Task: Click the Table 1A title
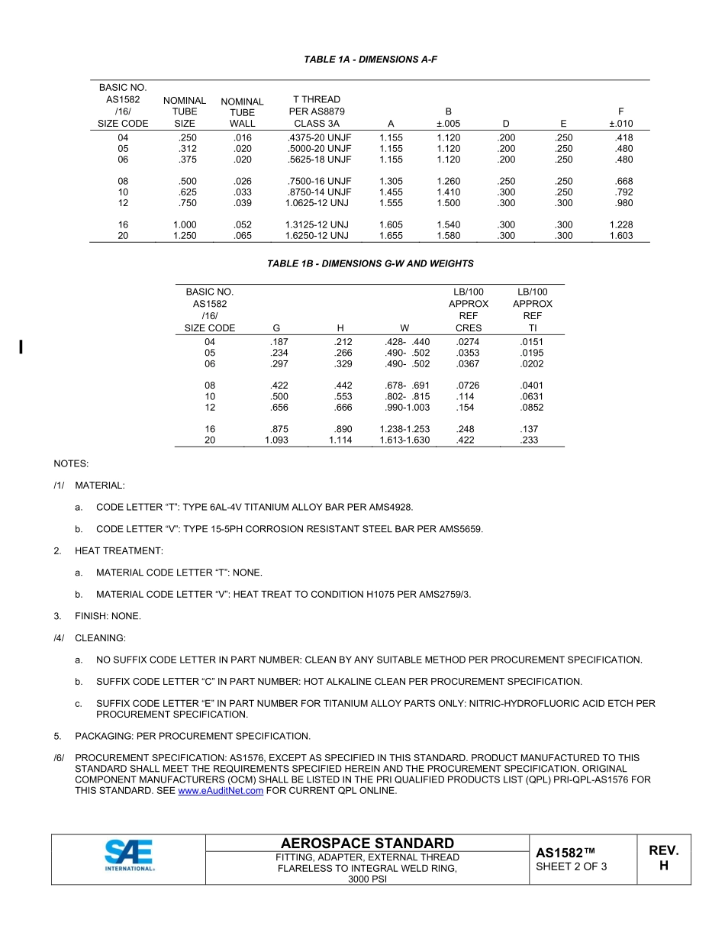(x=370, y=59)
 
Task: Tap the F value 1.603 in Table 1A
(x=621, y=236)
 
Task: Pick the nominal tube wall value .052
(x=243, y=225)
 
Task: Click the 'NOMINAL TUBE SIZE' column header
(x=185, y=111)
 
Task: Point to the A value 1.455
(x=391, y=192)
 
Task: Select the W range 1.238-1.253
(x=404, y=430)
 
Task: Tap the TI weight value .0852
(x=532, y=408)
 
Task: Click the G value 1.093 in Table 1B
(x=276, y=440)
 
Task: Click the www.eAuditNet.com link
(x=221, y=791)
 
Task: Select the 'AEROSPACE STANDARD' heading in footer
(x=367, y=843)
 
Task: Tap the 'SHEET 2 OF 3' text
(x=572, y=866)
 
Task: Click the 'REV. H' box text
(x=663, y=858)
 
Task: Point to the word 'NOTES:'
(x=71, y=463)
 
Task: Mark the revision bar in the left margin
(x=21, y=347)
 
